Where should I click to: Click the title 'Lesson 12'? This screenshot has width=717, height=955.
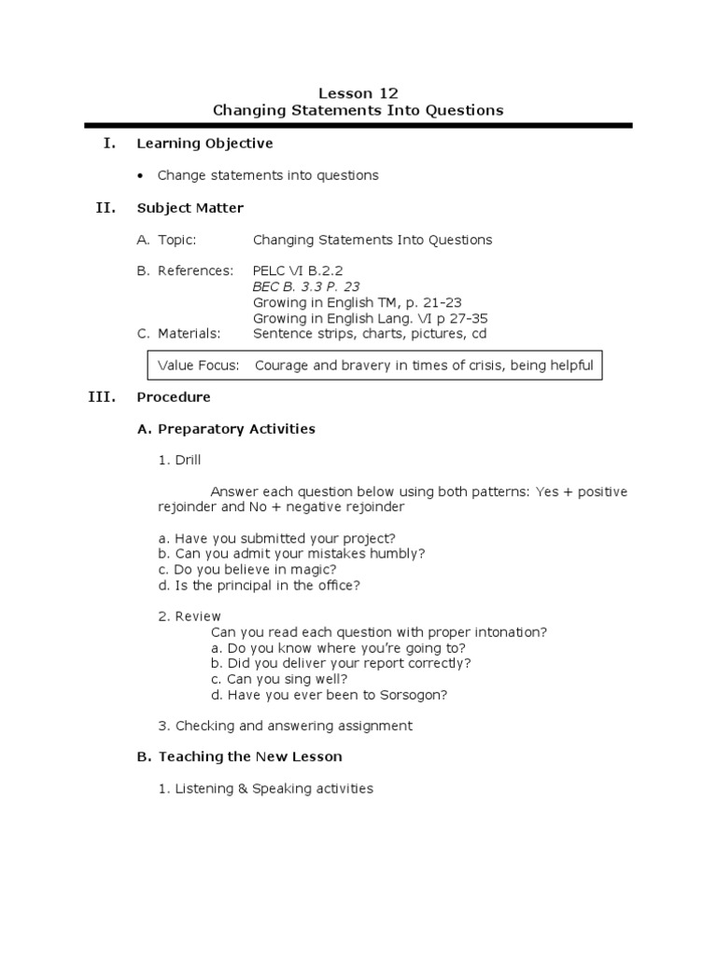tap(358, 92)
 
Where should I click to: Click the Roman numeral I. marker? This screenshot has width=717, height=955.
tap(109, 144)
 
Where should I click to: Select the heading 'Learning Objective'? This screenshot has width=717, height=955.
tap(204, 144)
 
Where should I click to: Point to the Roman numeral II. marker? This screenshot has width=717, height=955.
tap(105, 208)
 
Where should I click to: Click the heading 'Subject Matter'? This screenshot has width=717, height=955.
tap(190, 208)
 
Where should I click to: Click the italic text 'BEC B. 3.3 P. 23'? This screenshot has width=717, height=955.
tap(305, 287)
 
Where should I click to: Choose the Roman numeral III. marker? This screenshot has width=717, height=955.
tap(102, 397)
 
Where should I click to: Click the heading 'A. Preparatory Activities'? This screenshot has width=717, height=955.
tap(226, 429)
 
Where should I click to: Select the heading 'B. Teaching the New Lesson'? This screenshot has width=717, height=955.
tap(239, 756)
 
